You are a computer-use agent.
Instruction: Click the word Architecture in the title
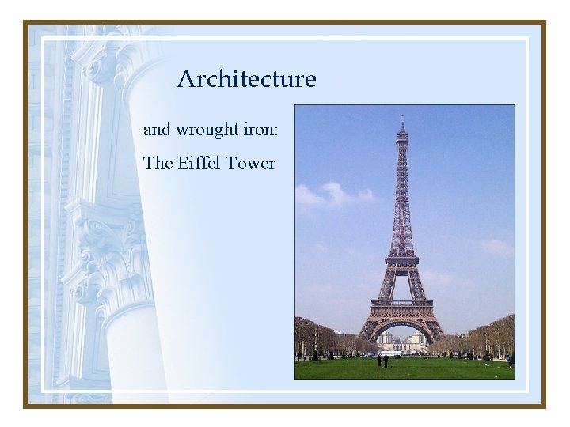click(246, 79)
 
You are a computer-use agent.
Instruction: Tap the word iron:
click(260, 129)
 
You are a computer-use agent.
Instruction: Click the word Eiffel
click(199, 164)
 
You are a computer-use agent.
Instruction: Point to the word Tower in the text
click(250, 164)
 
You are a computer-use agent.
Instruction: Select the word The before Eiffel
click(158, 164)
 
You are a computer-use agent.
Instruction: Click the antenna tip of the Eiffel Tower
click(402, 119)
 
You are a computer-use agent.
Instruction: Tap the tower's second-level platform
click(402, 259)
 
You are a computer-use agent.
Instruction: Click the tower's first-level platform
click(402, 304)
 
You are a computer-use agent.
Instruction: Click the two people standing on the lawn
click(382, 361)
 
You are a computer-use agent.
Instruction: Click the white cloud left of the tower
click(332, 194)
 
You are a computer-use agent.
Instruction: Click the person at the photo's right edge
click(509, 361)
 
